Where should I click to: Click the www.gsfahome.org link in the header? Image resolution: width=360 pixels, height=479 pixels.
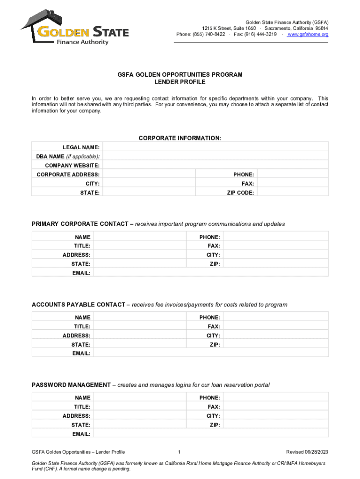(x=308, y=34)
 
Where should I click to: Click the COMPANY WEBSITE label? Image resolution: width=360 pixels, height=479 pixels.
(x=72, y=166)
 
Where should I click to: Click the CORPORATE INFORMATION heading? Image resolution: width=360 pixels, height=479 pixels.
(x=180, y=138)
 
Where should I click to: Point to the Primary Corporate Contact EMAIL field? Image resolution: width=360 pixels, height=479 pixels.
(x=211, y=273)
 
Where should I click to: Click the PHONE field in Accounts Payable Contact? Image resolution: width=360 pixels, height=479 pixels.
(x=275, y=318)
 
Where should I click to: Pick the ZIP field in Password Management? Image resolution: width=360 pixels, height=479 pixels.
(x=275, y=425)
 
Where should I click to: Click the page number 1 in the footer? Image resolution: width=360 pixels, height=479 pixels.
(x=180, y=452)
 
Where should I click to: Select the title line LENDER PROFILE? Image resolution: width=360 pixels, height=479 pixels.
(x=180, y=82)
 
